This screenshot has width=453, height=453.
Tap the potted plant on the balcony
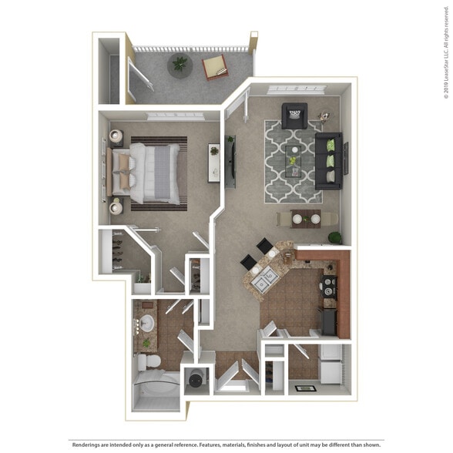[180, 64]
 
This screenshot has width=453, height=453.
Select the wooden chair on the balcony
[215, 69]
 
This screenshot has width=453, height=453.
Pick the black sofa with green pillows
[328, 160]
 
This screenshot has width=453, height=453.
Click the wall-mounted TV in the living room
[230, 159]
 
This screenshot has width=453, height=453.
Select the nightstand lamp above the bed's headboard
[117, 137]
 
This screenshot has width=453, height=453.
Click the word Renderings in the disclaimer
[88, 445]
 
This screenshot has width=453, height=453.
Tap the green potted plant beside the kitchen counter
[334, 237]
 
